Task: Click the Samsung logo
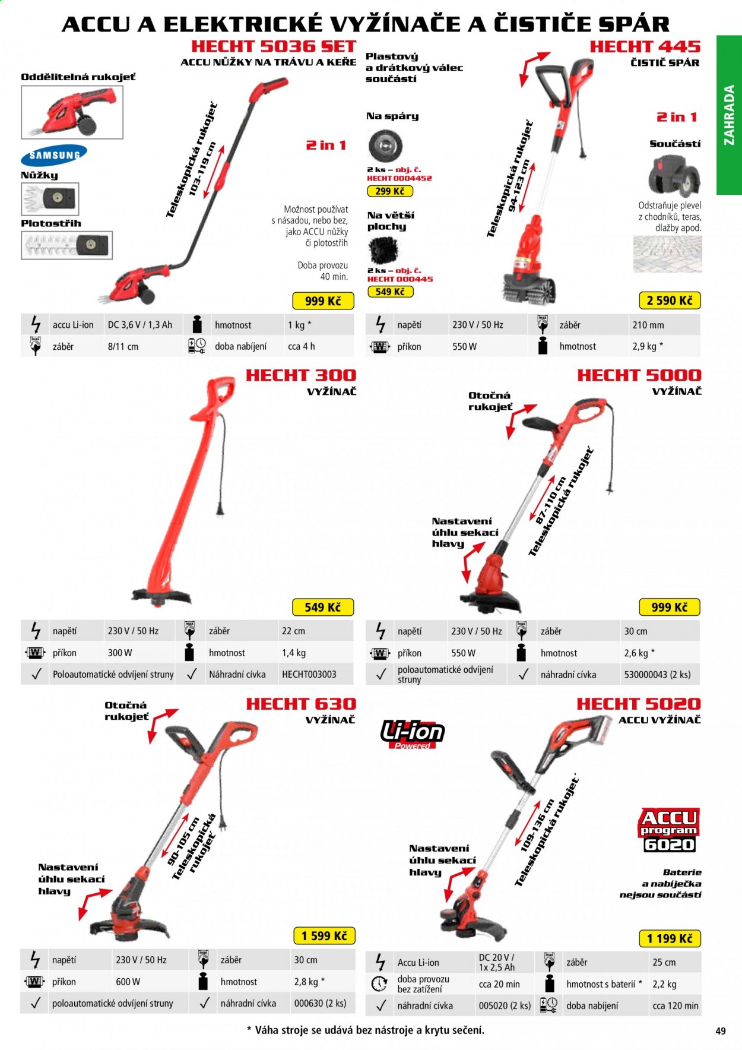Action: point(54,155)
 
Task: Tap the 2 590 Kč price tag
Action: point(670,301)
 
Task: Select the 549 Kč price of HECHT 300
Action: point(322,607)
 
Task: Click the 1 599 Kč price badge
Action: point(324,936)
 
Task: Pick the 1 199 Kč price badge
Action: point(670,938)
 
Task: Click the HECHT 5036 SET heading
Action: point(274,46)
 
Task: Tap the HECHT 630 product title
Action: point(301,704)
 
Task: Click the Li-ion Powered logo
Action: point(413,734)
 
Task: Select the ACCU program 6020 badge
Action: point(670,830)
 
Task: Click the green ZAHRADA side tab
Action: point(729,115)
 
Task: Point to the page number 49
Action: point(721,1031)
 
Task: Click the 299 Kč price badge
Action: point(390,191)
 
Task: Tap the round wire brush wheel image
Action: point(385,145)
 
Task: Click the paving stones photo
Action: point(667,254)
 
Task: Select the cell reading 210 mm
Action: point(648,325)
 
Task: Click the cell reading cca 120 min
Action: point(676,1005)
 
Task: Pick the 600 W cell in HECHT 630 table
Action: point(128,982)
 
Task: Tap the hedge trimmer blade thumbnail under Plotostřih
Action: point(66,245)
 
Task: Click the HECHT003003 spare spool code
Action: point(309,674)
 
